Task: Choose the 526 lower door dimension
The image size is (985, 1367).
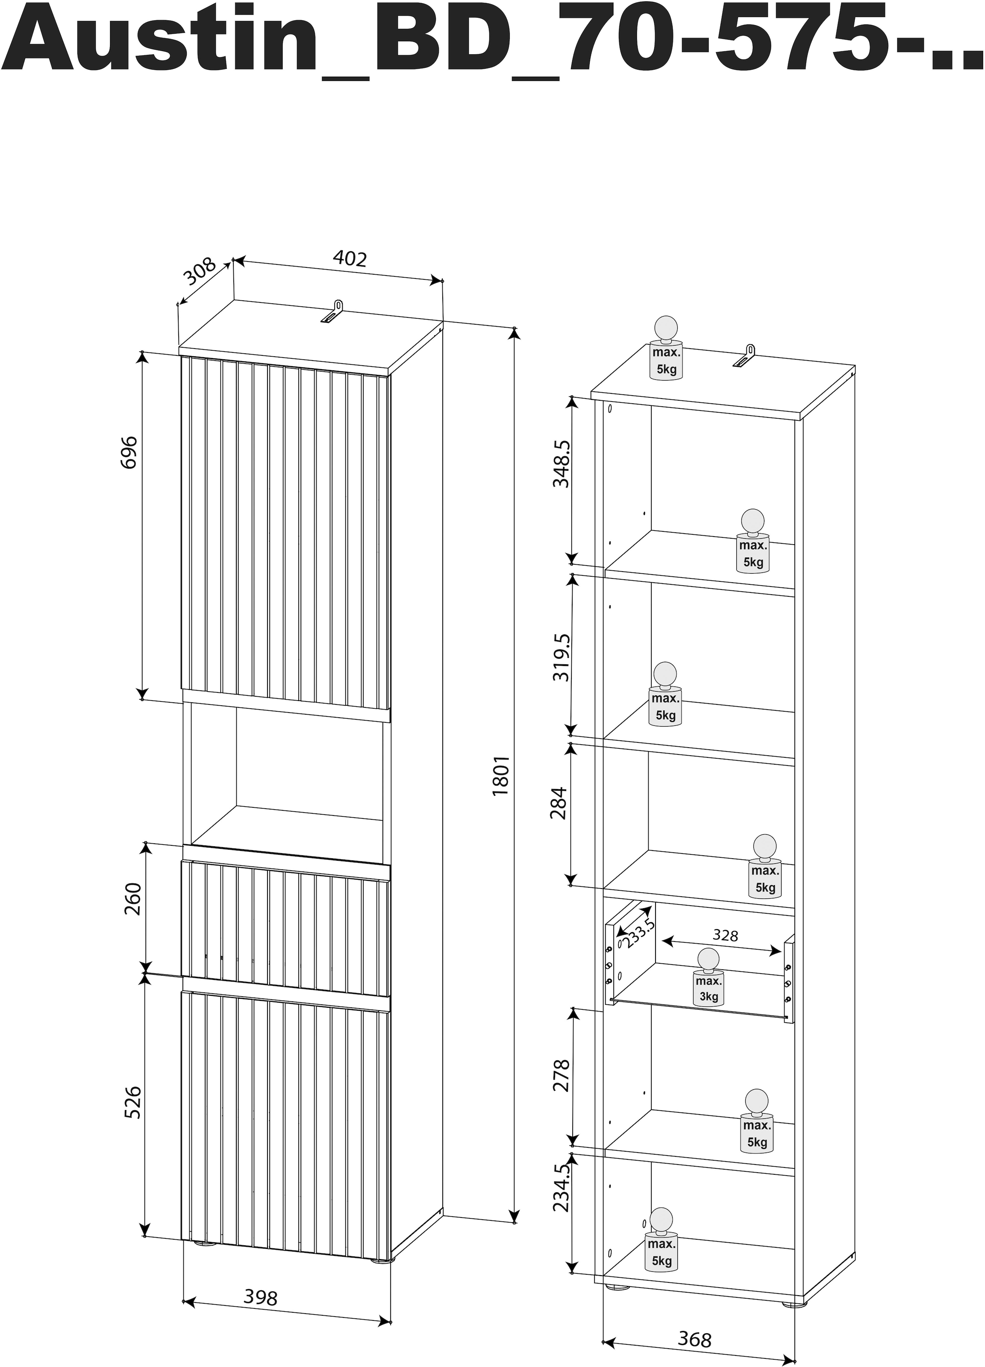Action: [132, 1103]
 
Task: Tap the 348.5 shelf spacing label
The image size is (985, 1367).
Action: [561, 463]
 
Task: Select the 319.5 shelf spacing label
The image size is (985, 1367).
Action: [561, 657]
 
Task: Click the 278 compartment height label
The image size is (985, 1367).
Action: [561, 1076]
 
